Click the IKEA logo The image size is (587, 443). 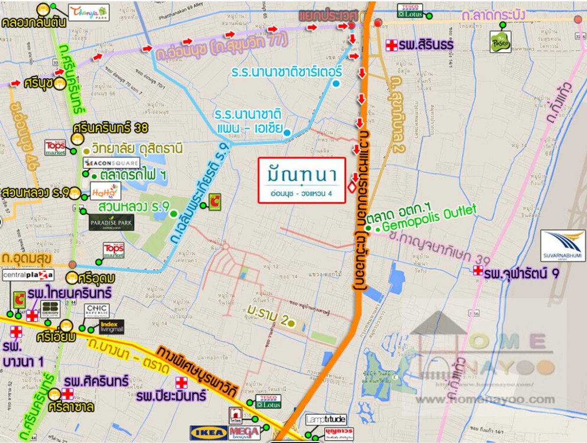208,433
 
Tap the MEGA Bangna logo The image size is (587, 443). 244,433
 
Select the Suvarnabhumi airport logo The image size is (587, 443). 563,246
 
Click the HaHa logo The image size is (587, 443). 106,191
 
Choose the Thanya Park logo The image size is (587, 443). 89,12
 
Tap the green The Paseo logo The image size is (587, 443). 500,42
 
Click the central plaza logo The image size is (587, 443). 28,276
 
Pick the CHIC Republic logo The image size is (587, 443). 100,310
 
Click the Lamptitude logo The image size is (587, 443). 326,420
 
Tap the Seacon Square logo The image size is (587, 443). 104,163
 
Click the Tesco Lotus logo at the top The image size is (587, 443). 409,10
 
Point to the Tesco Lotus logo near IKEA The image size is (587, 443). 268,401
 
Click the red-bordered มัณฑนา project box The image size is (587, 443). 302,180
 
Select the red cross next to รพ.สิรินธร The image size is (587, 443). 391,45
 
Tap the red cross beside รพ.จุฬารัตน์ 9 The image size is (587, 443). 477,271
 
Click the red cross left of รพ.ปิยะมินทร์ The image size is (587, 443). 181,383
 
